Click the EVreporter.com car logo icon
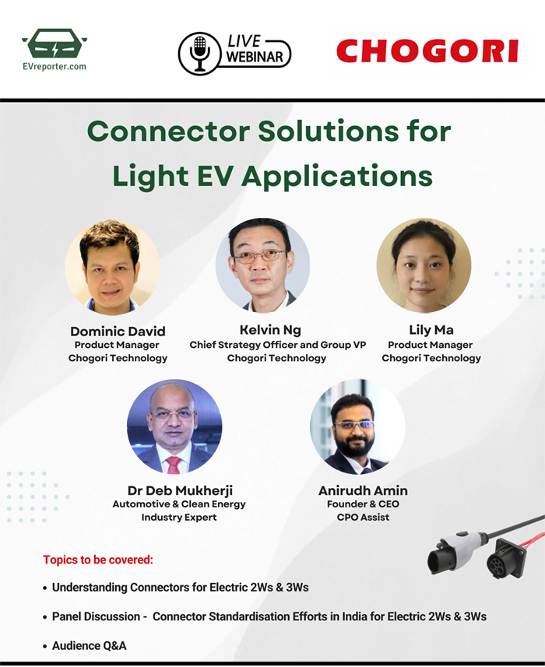tap(54, 43)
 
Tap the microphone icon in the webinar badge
tap(199, 54)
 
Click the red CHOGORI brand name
tap(427, 51)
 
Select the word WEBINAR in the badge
tap(255, 57)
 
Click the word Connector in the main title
tap(168, 131)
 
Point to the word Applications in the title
tap(336, 177)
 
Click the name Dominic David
tap(118, 332)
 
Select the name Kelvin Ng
tap(270, 330)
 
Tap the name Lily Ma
tap(431, 330)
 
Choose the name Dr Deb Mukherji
tap(180, 490)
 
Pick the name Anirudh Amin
tap(363, 490)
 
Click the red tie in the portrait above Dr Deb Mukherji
tap(174, 465)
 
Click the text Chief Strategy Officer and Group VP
tap(278, 345)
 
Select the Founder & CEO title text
tap(363, 504)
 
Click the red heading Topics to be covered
tap(98, 560)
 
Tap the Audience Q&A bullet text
tap(89, 645)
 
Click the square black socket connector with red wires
tap(506, 558)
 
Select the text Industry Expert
tap(179, 518)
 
